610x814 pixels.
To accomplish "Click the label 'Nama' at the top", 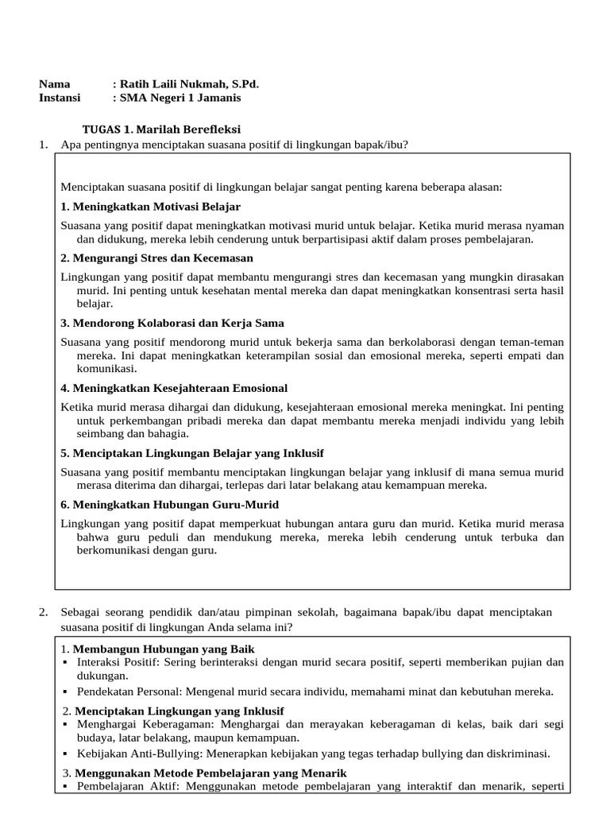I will point(54,84).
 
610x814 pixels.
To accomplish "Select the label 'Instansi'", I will point(60,98).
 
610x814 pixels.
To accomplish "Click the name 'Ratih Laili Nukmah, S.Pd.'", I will point(186,84).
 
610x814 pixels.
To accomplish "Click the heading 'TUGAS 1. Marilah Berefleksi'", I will point(162,129).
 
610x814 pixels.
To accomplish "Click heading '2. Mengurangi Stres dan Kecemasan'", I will point(157,258).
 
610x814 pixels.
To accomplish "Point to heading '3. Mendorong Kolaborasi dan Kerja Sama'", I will point(172,324).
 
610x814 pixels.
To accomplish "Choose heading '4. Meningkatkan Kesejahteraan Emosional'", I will point(174,388).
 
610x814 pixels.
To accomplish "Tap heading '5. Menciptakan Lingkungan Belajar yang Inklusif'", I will point(191,453).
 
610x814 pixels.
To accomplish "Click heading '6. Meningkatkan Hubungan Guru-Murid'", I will point(169,505).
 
